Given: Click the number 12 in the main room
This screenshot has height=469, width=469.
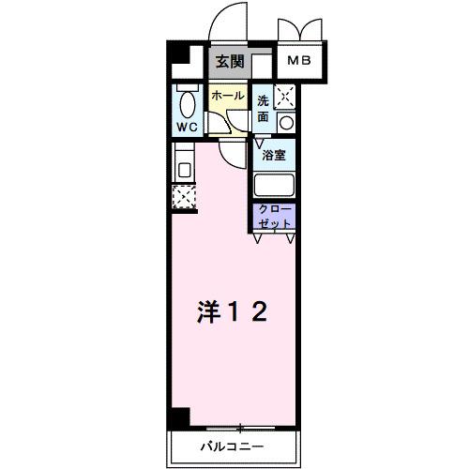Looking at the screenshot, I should pyautogui.click(x=250, y=310).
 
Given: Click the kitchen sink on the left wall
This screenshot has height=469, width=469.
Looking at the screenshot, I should pyautogui.click(x=183, y=170).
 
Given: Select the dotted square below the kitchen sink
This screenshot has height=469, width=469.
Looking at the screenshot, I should pyautogui.click(x=182, y=196).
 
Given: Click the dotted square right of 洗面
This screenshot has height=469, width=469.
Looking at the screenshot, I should pyautogui.click(x=286, y=94).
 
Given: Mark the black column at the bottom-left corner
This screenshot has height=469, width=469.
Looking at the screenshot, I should pyautogui.click(x=179, y=416).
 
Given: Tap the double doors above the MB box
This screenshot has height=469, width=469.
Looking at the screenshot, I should pyautogui.click(x=300, y=28).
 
